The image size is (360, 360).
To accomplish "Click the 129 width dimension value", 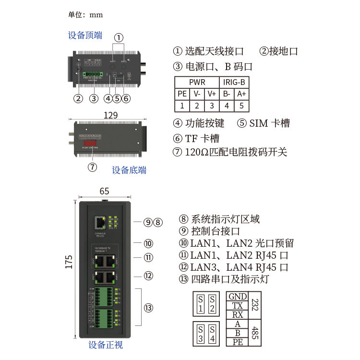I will (x=111, y=115).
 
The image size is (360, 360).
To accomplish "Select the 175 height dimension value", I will (x=69, y=262).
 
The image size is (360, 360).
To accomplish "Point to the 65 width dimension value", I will (x=104, y=191).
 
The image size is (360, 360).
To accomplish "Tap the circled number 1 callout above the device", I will (x=119, y=37).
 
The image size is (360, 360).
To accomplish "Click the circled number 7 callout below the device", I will (x=93, y=167).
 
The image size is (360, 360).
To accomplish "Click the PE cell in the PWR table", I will (x=182, y=94).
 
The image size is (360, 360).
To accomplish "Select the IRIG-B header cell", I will (x=234, y=82).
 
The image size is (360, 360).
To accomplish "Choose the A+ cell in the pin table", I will (x=241, y=94).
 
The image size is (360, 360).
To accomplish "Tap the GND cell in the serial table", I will (x=238, y=297).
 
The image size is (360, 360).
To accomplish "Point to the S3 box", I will (x=200, y=334).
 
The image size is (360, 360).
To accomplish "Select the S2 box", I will (x=212, y=303).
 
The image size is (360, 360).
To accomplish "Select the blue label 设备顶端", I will (x=85, y=35).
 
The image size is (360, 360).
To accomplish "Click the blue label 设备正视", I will (x=106, y=345).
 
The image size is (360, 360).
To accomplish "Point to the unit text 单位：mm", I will (x=85, y=14).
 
